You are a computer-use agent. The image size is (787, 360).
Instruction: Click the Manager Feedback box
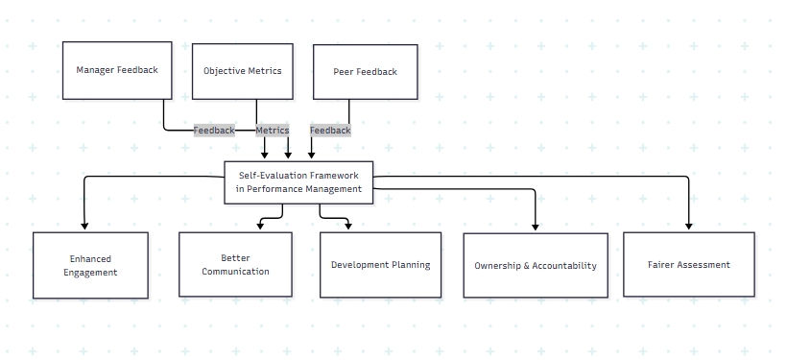coord(117,69)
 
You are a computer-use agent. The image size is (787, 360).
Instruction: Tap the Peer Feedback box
coord(365,71)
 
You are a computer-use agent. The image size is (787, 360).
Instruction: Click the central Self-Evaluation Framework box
coord(298,182)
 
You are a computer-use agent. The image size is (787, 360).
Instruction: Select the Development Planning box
coord(380,265)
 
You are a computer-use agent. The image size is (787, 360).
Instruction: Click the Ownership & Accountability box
coord(536,266)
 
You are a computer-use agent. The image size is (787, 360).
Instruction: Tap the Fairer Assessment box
coord(689,265)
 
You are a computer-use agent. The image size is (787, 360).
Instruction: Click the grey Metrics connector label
coord(273,131)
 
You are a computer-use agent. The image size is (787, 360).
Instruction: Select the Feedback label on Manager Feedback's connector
coord(214,131)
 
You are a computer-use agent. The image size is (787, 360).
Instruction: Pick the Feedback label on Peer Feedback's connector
coord(330,131)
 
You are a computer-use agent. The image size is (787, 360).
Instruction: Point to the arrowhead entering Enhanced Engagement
coord(84,227)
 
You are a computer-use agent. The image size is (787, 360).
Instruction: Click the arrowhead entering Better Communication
coord(260,227)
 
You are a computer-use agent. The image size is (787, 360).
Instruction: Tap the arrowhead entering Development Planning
coord(347,227)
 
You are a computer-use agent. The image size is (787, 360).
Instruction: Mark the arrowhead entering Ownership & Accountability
coord(536,228)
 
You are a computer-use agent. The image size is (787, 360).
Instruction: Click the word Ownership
coord(502,266)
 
